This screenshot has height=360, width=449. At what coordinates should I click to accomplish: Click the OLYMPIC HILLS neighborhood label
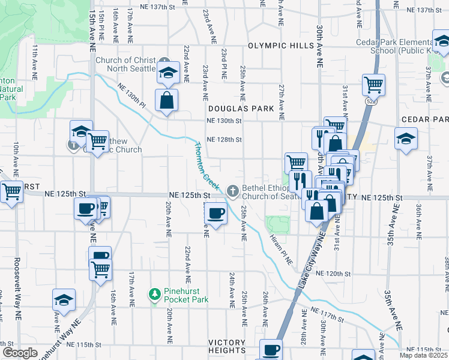(280, 46)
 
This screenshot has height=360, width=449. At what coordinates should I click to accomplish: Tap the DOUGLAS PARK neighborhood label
(241, 109)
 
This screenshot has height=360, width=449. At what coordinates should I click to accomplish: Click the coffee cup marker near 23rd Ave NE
(216, 211)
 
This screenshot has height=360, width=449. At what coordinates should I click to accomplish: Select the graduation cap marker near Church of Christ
(169, 73)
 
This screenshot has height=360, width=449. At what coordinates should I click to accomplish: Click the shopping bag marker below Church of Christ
(166, 100)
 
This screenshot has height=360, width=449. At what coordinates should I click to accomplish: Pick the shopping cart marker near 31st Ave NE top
(373, 85)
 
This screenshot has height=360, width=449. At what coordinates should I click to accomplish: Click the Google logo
(20, 353)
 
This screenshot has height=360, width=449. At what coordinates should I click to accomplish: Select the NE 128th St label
(224, 140)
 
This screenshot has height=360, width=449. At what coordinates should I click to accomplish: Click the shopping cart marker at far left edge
(11, 192)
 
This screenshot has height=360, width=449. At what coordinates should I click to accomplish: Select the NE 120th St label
(334, 274)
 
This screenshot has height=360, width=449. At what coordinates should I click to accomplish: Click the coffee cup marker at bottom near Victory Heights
(271, 349)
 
